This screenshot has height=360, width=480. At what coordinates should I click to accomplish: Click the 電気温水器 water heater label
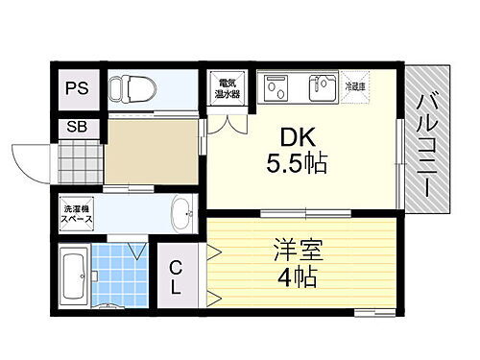228,88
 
